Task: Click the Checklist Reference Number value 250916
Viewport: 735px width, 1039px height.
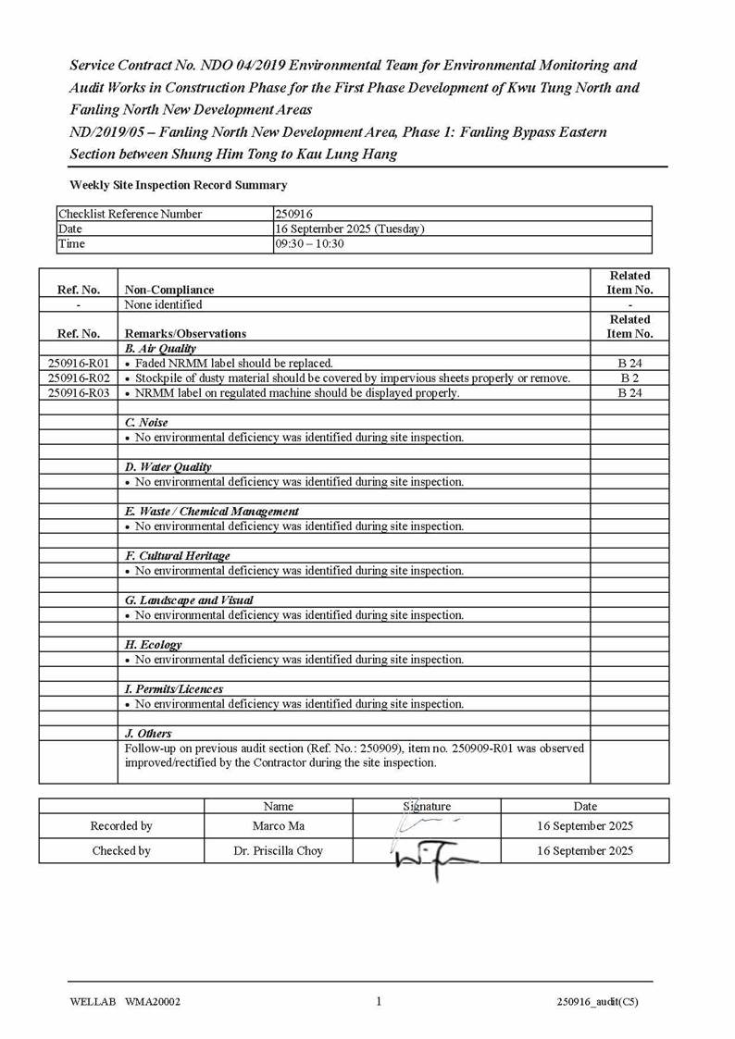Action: pyautogui.click(x=295, y=214)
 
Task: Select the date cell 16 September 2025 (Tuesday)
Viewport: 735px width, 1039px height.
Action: pyautogui.click(x=350, y=229)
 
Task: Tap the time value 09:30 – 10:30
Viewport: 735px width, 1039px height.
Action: pyautogui.click(x=310, y=243)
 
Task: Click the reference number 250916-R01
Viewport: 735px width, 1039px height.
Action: pyautogui.click(x=78, y=364)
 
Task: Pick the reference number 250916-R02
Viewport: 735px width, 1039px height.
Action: pyautogui.click(x=78, y=378)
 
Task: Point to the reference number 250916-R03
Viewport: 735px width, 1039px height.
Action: pyautogui.click(x=78, y=393)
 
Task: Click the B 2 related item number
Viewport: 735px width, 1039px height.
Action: pyautogui.click(x=629, y=378)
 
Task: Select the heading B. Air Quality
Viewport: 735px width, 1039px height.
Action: pyautogui.click(x=160, y=349)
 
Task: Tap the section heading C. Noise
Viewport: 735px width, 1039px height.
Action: pyautogui.click(x=146, y=423)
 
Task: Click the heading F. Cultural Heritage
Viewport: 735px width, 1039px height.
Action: pyautogui.click(x=178, y=556)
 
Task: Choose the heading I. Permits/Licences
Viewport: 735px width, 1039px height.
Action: pyautogui.click(x=174, y=689)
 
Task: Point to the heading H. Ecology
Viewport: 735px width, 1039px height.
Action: pyautogui.click(x=154, y=645)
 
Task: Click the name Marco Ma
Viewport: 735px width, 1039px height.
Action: pyautogui.click(x=278, y=826)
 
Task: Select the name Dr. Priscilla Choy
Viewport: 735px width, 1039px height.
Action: pyautogui.click(x=278, y=851)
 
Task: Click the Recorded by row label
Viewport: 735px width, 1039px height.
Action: pyautogui.click(x=121, y=826)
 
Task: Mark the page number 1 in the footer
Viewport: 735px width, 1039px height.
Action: pyautogui.click(x=380, y=1001)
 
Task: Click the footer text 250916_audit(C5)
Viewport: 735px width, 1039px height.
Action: pyautogui.click(x=597, y=1002)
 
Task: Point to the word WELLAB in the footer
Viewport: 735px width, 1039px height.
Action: pyautogui.click(x=89, y=1002)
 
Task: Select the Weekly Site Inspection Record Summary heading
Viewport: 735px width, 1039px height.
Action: pyautogui.click(x=178, y=185)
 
